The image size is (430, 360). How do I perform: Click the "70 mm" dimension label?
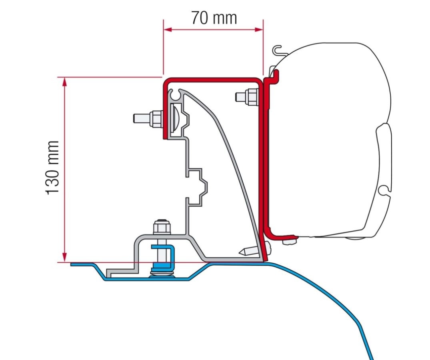[x=214, y=18]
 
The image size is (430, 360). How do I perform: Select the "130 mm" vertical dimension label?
[x=53, y=168]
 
